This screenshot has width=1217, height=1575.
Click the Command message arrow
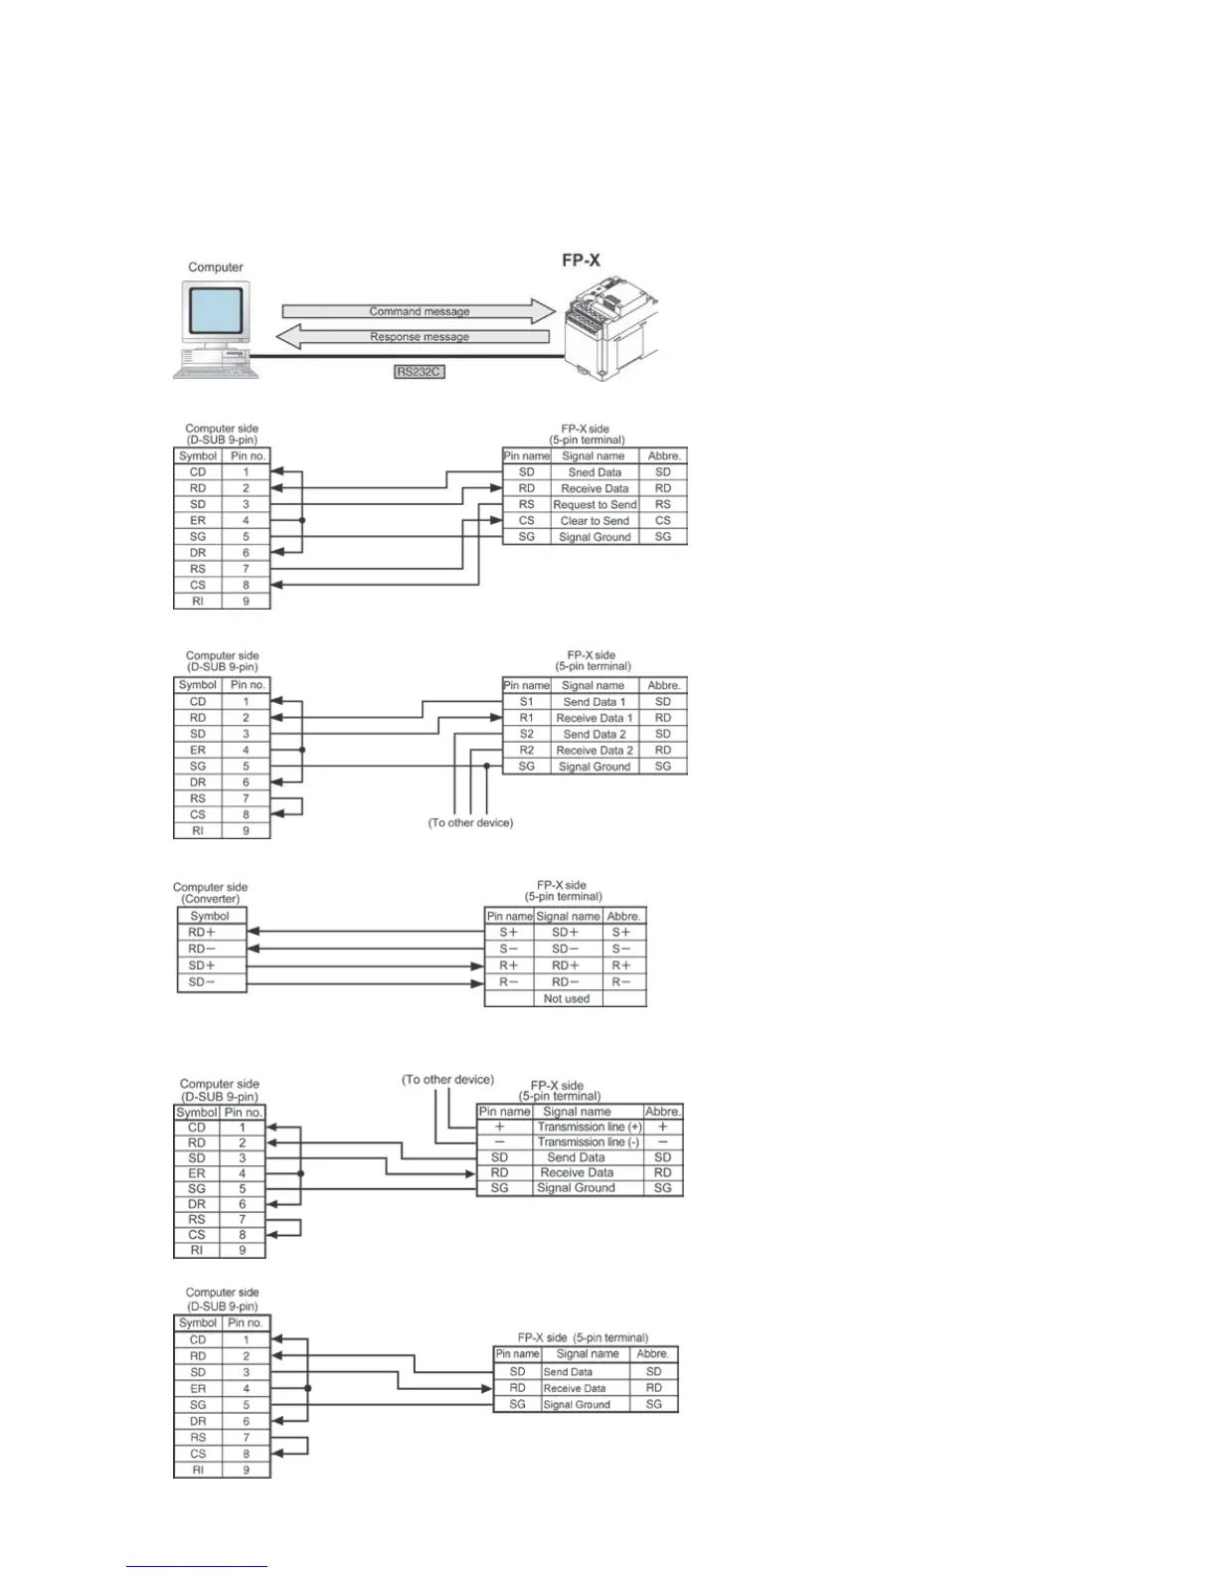point(419,311)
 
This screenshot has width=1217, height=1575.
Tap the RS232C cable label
point(419,372)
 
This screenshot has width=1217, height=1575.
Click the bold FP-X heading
point(582,261)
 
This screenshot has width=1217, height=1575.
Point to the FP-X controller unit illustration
point(609,327)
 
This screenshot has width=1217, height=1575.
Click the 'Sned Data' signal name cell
point(594,472)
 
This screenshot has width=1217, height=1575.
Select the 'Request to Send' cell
point(594,504)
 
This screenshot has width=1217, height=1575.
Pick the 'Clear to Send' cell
point(594,520)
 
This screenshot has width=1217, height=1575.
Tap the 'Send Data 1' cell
point(594,702)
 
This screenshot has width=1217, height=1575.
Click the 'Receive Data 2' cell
point(594,750)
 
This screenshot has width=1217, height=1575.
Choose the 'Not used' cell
point(566,998)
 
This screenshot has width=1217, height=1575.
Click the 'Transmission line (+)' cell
point(589,1127)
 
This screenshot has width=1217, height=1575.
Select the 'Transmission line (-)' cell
point(589,1142)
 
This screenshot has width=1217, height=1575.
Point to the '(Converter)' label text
point(211,899)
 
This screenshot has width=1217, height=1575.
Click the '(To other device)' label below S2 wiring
point(470,823)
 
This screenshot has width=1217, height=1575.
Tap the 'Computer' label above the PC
point(216,267)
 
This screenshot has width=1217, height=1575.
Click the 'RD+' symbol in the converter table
point(202,933)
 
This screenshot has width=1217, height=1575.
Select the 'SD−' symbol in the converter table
point(202,982)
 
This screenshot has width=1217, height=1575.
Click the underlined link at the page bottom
point(197,1566)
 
